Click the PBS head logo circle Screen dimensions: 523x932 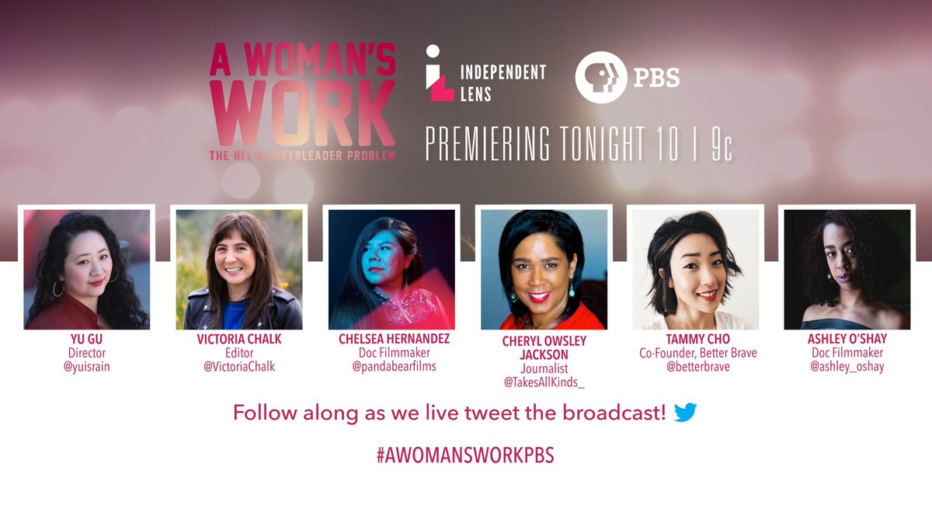tap(600, 77)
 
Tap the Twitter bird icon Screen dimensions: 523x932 tap(685, 413)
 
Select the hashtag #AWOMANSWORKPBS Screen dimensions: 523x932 tap(465, 455)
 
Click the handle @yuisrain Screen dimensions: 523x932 tap(86, 367)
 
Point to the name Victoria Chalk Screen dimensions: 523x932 tap(238, 340)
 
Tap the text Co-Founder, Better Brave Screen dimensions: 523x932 tap(695, 353)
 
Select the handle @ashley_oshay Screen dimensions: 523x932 tap(847, 367)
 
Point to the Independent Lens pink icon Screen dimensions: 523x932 tap(440, 73)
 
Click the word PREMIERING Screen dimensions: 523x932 tap(486, 143)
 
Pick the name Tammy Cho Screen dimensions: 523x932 tap(695, 340)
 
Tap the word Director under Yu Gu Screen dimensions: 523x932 tap(86, 354)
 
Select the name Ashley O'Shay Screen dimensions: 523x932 tap(847, 340)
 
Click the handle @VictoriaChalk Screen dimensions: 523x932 tap(238, 367)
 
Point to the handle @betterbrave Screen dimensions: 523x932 tap(695, 367)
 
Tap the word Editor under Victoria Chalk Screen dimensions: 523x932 tap(238, 354)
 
